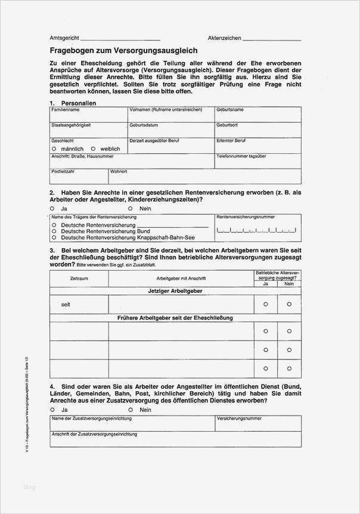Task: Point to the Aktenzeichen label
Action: coord(224,38)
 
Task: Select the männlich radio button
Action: coord(54,148)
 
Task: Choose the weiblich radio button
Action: coord(93,148)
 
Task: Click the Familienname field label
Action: coord(66,110)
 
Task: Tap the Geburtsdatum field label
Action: coord(144,126)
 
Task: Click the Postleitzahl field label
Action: coord(63,171)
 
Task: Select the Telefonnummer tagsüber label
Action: coord(241,156)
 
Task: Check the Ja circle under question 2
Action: coord(54,209)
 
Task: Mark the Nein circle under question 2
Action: coord(130,209)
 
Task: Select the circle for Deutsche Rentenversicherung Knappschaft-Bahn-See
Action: coord(54,237)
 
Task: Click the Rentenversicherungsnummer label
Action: coord(246,217)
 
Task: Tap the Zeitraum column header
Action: coord(79,278)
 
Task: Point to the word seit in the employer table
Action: coord(66,305)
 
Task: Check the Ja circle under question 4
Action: coord(54,410)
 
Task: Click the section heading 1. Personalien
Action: coord(73,103)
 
